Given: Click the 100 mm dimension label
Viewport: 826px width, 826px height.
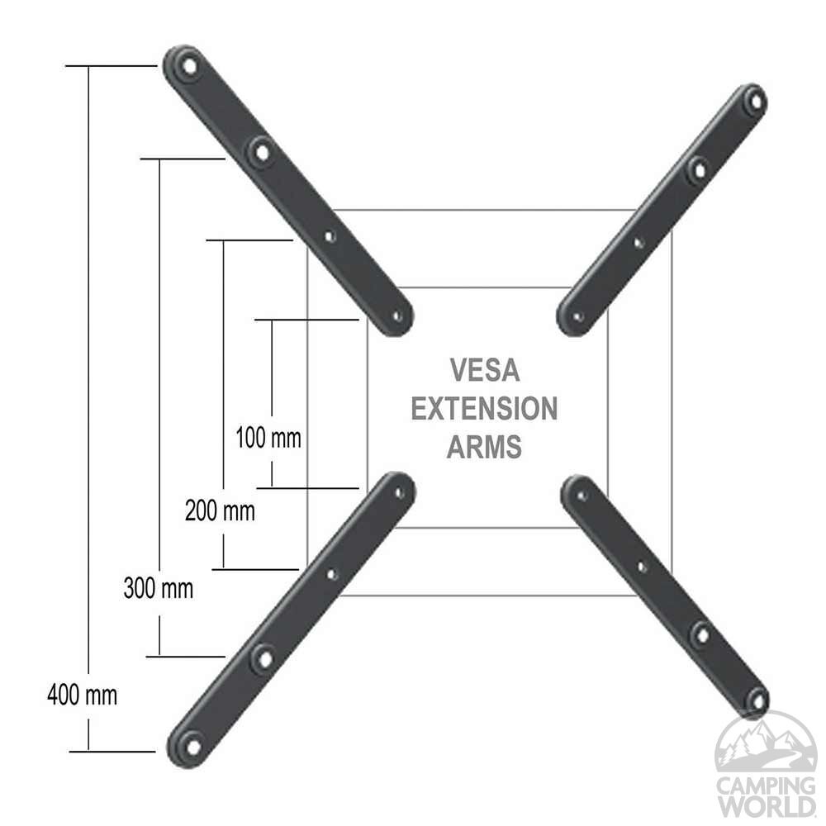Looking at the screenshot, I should point(268,437).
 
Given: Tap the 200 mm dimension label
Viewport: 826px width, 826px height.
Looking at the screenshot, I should point(220,511).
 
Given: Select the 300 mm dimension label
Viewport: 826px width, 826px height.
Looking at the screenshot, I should point(159,589).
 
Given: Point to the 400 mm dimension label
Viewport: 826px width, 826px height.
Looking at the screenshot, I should point(82,695).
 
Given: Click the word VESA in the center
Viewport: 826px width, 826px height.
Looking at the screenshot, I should point(485,370).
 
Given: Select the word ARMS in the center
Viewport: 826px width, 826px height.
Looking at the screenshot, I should point(485,447).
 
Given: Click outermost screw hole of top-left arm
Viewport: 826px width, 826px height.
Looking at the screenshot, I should point(189,64).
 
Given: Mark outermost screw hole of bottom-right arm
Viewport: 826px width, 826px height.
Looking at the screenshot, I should point(755,700).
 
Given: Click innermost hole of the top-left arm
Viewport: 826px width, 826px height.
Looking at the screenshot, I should point(397,316).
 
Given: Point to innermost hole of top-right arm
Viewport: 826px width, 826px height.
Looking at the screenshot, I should point(578,316).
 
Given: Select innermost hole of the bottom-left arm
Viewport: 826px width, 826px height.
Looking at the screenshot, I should point(400,492).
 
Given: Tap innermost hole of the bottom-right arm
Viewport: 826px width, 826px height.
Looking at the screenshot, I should point(582,496).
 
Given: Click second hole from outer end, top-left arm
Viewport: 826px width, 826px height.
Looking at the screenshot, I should point(262,151).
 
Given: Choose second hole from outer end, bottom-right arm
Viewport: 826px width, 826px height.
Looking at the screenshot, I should point(701,634).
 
